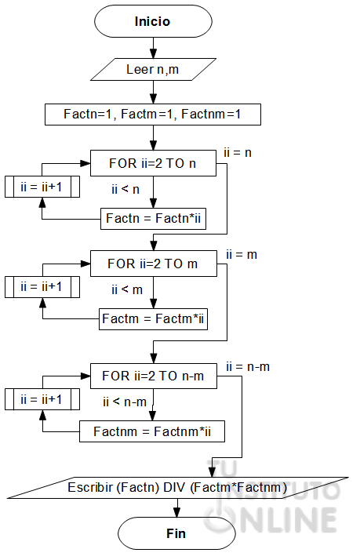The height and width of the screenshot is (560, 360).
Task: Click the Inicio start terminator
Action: coord(152,22)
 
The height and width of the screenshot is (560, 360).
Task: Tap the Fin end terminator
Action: coord(176,533)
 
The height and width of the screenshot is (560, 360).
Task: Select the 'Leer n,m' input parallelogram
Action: coord(152,69)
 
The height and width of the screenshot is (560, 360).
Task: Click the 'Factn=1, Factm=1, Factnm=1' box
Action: coord(152,114)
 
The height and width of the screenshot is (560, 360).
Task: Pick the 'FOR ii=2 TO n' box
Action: coord(152,165)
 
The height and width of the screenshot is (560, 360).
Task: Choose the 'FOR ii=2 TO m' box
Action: coord(152,264)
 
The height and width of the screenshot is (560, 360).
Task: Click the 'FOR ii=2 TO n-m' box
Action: coord(152,376)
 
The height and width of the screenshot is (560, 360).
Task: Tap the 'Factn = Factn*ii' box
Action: coord(155,219)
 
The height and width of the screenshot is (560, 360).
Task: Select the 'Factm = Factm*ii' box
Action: coord(154,319)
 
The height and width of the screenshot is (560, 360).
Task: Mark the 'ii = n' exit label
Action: coord(238,153)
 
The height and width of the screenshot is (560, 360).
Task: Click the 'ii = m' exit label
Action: coord(241,255)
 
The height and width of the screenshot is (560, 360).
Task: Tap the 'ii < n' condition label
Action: coord(125,188)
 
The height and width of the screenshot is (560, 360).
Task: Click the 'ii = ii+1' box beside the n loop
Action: coord(43,187)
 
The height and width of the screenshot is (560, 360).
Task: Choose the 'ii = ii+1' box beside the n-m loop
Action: coord(43,398)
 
